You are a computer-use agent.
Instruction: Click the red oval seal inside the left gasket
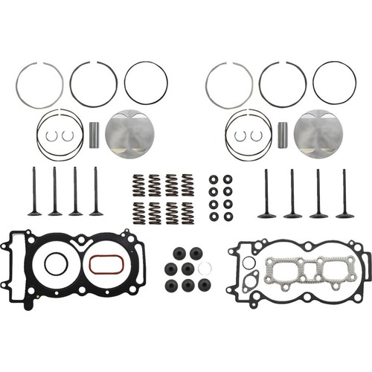(102, 264)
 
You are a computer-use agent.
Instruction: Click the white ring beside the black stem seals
(206, 269)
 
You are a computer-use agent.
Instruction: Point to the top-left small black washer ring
(214, 179)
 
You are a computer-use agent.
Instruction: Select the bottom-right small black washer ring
(227, 217)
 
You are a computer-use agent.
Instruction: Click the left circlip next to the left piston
(52, 135)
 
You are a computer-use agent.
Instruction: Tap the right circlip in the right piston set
(256, 135)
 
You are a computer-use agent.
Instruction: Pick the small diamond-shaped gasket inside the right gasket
(250, 278)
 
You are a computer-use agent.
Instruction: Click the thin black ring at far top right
(334, 83)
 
